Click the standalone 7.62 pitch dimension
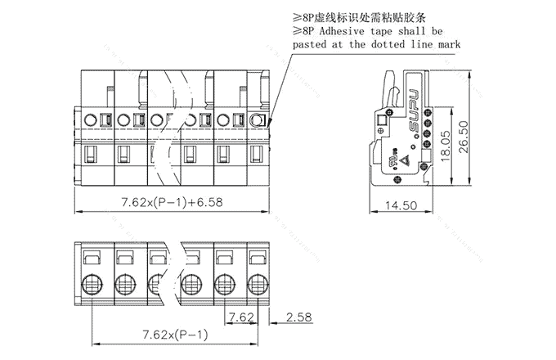coord(241,317)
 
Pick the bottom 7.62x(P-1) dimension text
coord(175,334)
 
